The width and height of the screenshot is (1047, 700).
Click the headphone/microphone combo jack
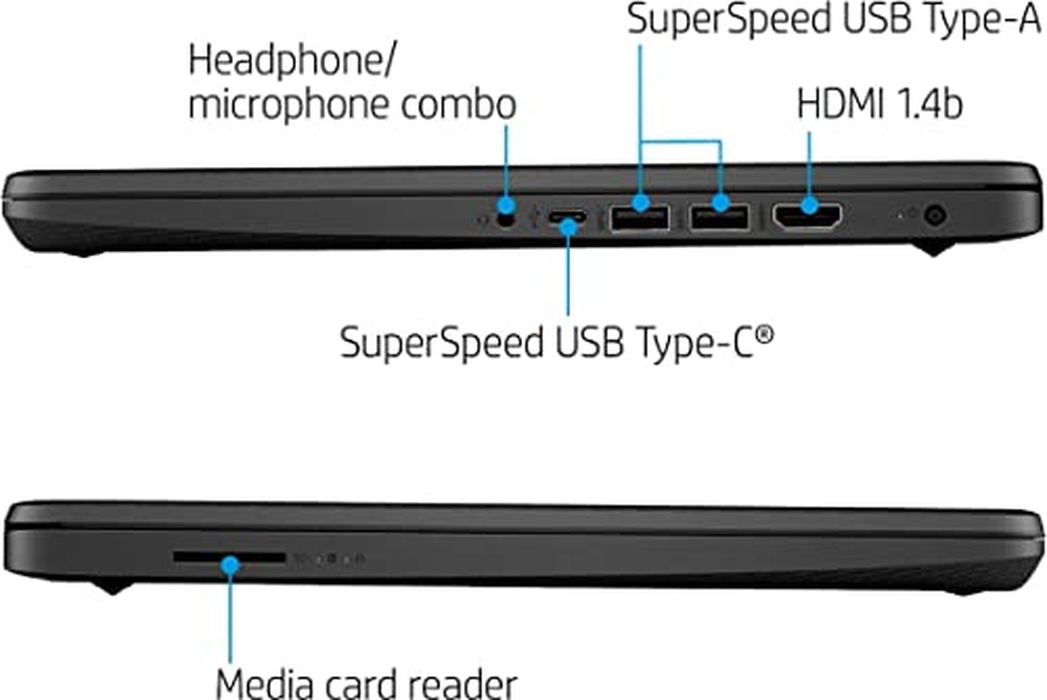point(506,220)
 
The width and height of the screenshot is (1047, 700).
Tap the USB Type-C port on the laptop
point(567,218)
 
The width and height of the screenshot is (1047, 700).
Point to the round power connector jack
point(935,216)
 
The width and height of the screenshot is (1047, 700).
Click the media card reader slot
point(229,558)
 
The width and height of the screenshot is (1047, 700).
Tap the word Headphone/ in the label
point(291,61)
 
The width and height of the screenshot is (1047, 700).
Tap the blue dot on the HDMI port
point(809,205)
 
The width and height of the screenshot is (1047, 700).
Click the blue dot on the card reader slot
point(231,565)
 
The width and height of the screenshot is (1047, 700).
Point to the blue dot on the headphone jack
point(506,205)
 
